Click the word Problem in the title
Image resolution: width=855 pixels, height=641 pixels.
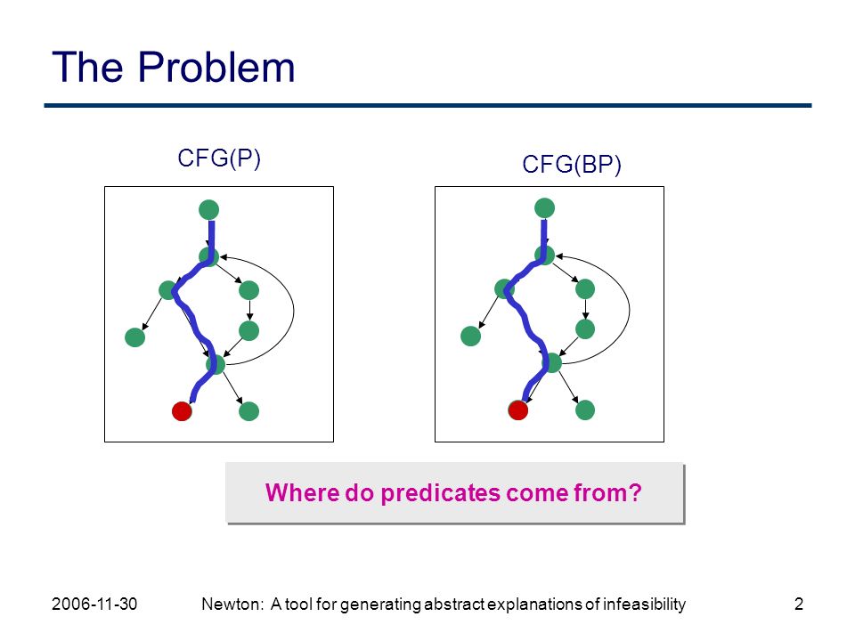coord(216,67)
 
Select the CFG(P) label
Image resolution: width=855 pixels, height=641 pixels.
coord(219,158)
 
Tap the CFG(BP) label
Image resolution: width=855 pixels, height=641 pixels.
coord(572,164)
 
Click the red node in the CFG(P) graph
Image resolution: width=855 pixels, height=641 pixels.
coord(182,411)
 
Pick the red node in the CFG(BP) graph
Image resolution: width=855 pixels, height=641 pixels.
coord(518,410)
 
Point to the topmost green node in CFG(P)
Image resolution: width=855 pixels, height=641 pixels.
coord(208,210)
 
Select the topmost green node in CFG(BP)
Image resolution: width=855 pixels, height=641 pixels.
coord(545,207)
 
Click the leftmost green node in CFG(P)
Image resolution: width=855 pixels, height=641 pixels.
coord(134,337)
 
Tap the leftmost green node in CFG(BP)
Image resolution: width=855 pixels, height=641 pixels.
coord(470,336)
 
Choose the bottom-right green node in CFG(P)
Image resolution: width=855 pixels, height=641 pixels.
coord(249,411)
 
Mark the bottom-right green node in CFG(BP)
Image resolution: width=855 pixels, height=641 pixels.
coord(585,410)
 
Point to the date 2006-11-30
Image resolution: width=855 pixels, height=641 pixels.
coord(94,604)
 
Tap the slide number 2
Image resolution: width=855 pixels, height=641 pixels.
coord(799,604)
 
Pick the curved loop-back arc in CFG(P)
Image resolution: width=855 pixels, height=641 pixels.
coord(293,311)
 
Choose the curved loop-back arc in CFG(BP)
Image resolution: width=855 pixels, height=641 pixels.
coord(630,310)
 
